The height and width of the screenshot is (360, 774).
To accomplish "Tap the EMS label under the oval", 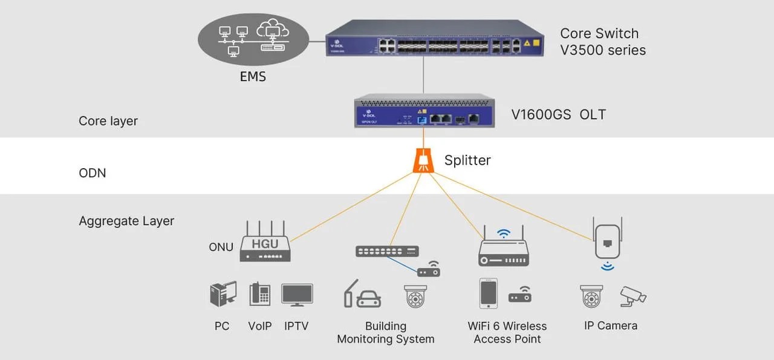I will pyautogui.click(x=253, y=77).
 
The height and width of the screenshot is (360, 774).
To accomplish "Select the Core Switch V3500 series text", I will pyautogui.click(x=602, y=42).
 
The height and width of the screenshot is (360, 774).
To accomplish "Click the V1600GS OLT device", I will pyautogui.click(x=423, y=110).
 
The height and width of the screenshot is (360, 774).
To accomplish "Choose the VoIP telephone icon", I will pyautogui.click(x=260, y=295).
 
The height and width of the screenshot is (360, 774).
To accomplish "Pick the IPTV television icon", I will pyautogui.click(x=297, y=295).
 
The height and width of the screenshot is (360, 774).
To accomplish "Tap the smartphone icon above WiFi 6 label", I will pyautogui.click(x=488, y=293).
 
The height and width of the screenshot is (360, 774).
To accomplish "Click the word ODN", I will pyautogui.click(x=92, y=173).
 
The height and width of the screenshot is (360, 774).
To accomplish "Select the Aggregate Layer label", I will pyautogui.click(x=126, y=221).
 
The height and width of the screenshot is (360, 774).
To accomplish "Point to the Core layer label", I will pyautogui.click(x=108, y=121).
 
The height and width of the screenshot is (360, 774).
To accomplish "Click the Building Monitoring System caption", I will pyautogui.click(x=386, y=333).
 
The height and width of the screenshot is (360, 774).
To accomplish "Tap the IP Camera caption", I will pyautogui.click(x=610, y=326).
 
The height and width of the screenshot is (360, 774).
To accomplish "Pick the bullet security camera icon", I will pyautogui.click(x=633, y=295).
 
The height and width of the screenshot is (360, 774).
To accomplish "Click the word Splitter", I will pyautogui.click(x=467, y=160).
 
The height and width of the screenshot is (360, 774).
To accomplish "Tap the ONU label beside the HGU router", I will pyautogui.click(x=221, y=247).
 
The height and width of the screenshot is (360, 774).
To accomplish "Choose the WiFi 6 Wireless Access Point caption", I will pyautogui.click(x=507, y=333).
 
